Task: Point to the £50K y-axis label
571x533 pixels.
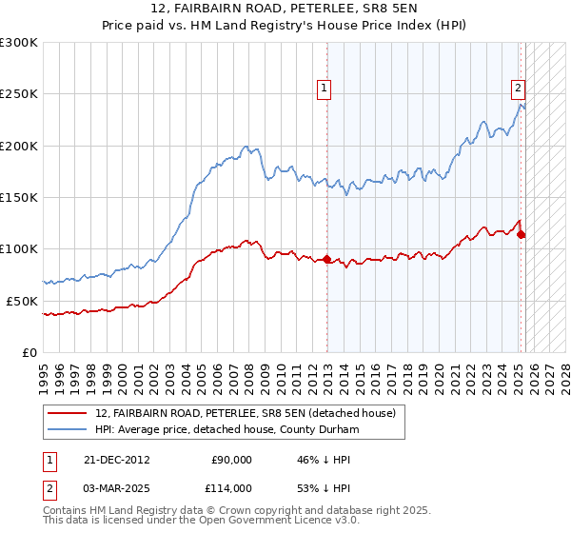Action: (x=22, y=301)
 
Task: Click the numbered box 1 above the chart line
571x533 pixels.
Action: (x=325, y=89)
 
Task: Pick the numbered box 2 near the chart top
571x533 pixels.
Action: (x=518, y=89)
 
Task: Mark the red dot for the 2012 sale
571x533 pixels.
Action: (x=327, y=259)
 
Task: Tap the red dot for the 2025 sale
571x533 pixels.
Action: (x=522, y=234)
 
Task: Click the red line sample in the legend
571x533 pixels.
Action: (x=68, y=413)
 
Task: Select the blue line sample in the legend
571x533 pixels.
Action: (x=68, y=430)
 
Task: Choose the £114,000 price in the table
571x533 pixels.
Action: (x=232, y=488)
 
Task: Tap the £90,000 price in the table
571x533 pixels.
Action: (x=232, y=460)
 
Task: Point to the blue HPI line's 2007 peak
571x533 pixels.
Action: (x=246, y=147)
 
